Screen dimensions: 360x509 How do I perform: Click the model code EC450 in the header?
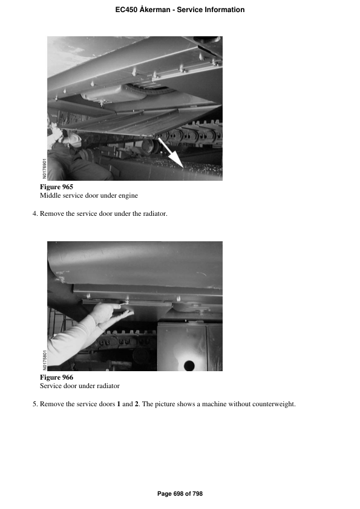coord(126,10)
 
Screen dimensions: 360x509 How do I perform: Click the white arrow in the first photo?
coord(171,152)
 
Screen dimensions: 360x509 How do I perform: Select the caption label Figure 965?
coord(56,187)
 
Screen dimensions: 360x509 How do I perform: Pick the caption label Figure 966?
coord(56,378)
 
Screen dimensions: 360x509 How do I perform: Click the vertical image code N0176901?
coord(45,169)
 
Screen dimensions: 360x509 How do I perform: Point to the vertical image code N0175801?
coord(45,360)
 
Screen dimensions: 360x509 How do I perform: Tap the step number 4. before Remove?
coord(35,213)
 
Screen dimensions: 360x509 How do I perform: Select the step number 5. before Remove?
coord(35,404)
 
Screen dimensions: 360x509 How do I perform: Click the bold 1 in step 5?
coord(119,404)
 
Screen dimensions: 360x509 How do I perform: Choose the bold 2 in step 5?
coord(137,404)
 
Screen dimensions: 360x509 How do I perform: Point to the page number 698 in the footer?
coord(178,494)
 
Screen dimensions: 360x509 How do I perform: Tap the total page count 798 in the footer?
coord(197,494)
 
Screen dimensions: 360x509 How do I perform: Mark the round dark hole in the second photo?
coord(189,365)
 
